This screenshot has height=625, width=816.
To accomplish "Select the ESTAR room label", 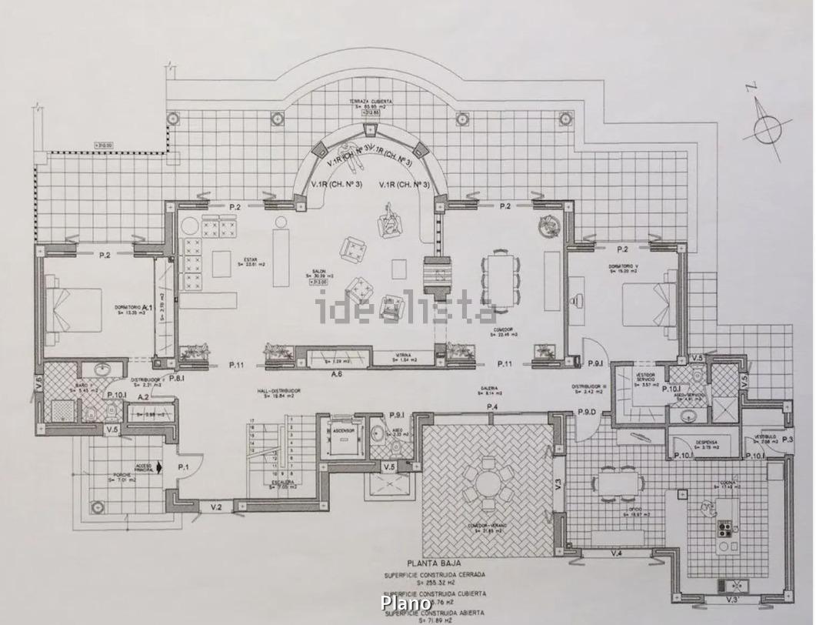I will (249, 260).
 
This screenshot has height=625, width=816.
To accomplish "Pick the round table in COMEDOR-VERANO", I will (488, 483).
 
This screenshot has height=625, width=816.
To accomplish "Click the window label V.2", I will (216, 506).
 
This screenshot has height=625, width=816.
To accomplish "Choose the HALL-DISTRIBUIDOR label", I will (278, 391).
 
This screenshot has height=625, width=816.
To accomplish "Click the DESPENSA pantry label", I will (706, 442).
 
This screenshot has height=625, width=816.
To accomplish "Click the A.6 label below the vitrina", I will (336, 374).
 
